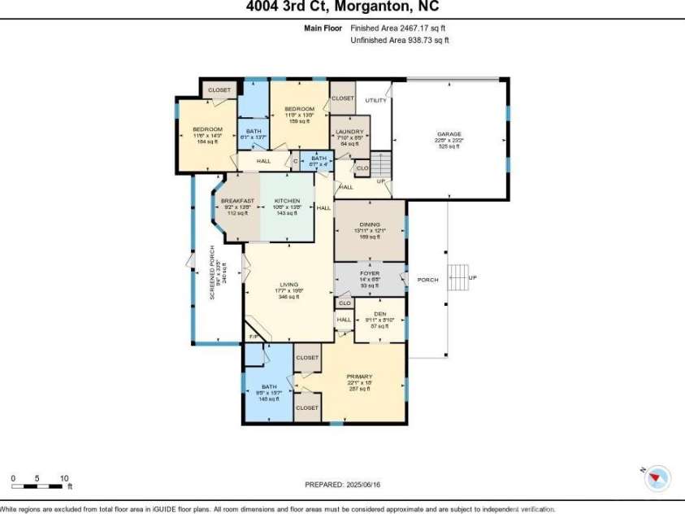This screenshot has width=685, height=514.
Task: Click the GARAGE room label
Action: (x=449, y=133)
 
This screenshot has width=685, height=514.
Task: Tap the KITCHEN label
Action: (x=287, y=201)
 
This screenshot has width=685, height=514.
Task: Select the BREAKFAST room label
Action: (x=237, y=201)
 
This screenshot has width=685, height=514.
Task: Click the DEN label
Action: (x=379, y=314)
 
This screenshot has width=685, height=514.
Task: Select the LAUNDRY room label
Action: (x=349, y=132)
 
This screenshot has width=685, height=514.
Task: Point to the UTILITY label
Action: (x=375, y=100)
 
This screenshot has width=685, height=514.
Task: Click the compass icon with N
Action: (x=657, y=478)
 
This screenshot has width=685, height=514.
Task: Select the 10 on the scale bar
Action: (x=63, y=478)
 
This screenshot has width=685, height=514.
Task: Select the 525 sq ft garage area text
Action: (x=449, y=146)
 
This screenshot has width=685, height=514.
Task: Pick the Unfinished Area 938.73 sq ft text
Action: (x=400, y=39)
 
